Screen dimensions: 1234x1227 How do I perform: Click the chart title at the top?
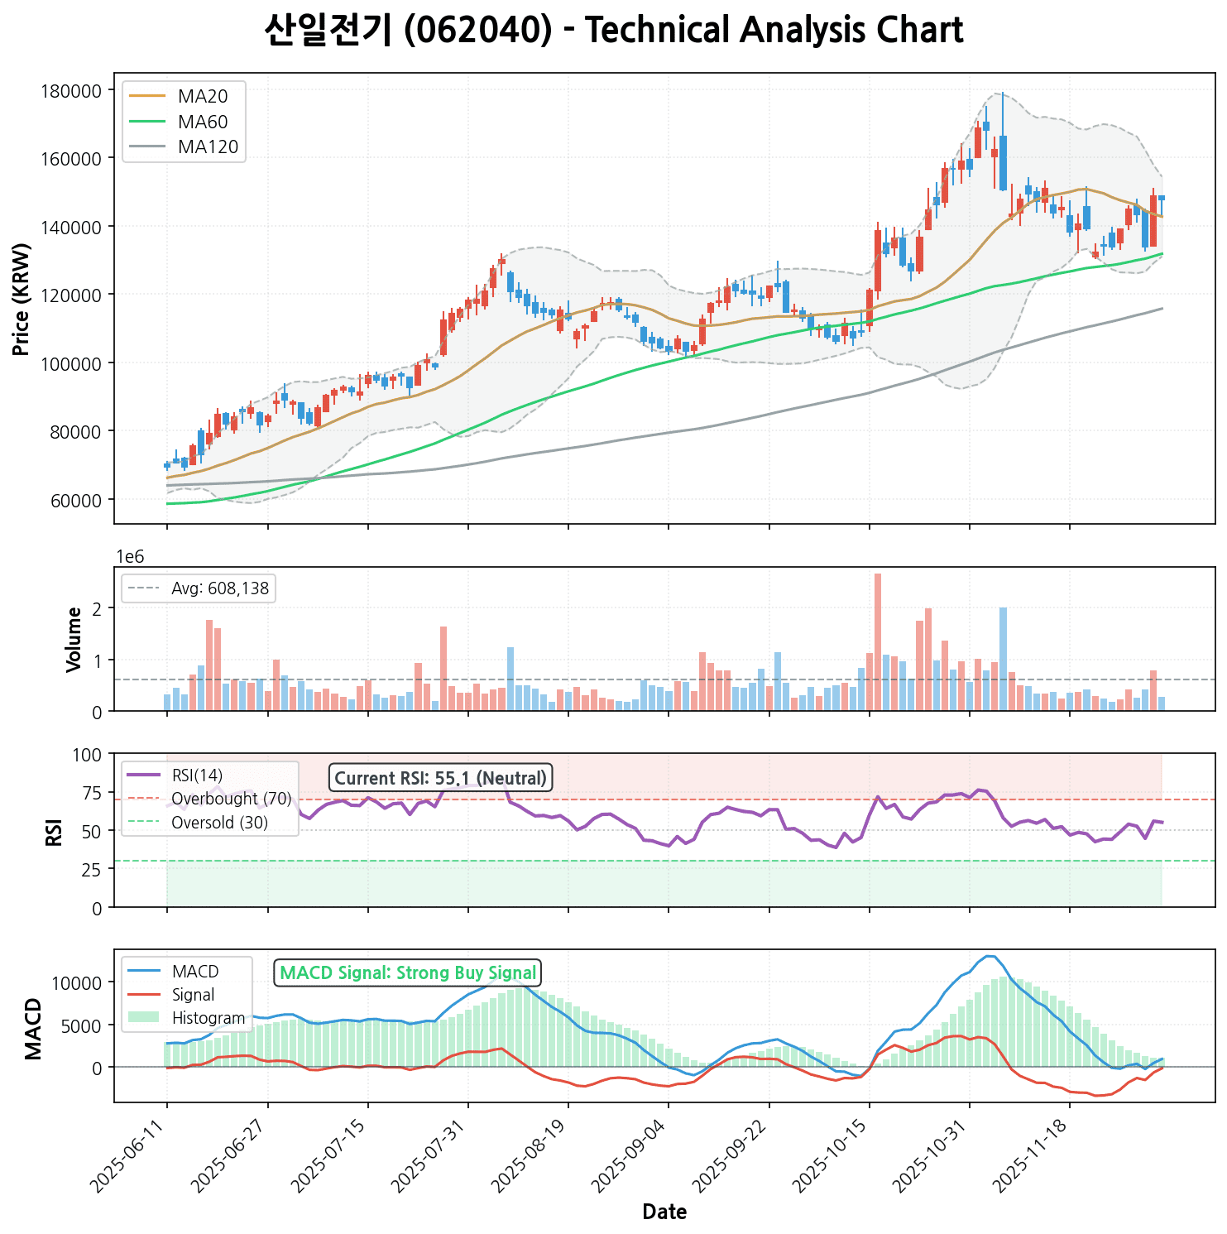[613, 31]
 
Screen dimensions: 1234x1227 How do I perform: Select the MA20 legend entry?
[202, 96]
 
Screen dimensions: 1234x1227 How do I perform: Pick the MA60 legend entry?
[202, 122]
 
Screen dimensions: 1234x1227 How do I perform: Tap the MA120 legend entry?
[208, 147]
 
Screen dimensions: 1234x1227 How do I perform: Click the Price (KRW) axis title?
[22, 299]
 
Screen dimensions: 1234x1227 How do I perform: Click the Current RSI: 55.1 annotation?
[440, 778]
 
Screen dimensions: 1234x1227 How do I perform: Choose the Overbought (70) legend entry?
[231, 799]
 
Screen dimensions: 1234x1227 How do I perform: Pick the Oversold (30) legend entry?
[219, 823]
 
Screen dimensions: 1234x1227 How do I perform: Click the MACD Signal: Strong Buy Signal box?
[407, 972]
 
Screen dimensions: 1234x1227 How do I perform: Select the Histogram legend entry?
[208, 1018]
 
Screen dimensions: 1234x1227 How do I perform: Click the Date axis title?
[664, 1212]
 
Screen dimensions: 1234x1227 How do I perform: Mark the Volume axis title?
[74, 639]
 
